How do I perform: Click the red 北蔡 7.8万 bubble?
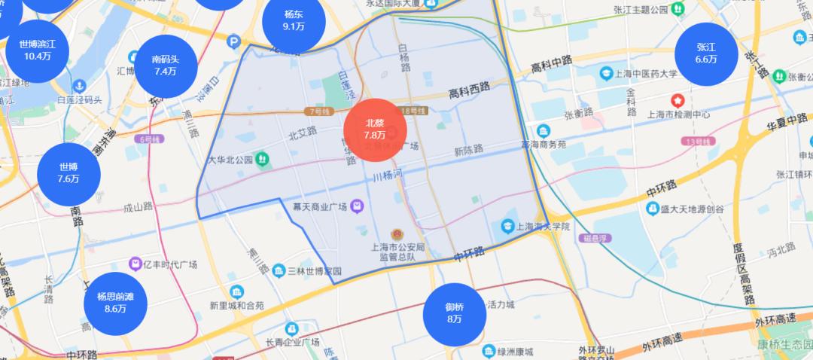[x=376, y=130]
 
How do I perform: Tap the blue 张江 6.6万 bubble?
[x=706, y=53]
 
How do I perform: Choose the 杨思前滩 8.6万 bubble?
[x=115, y=302]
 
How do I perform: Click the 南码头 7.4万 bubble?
[x=165, y=66]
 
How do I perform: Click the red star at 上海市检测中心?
[x=678, y=100]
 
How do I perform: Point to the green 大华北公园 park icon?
[x=262, y=159]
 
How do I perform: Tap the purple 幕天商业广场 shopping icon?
[x=357, y=205]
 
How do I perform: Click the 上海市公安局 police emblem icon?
[x=396, y=235]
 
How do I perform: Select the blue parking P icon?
[x=235, y=42]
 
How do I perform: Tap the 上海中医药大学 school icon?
[x=605, y=74]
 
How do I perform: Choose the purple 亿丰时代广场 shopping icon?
[x=135, y=264]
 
